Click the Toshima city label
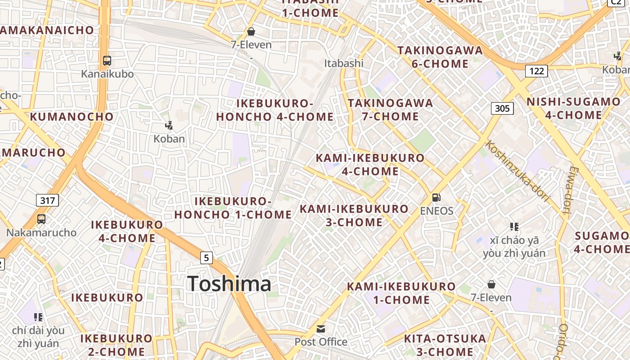(229, 284)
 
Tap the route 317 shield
(47, 200)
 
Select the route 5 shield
(206, 258)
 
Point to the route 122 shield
(536, 71)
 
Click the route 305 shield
(502, 108)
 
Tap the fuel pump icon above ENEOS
(436, 197)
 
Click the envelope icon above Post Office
(320, 329)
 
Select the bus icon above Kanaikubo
(107, 60)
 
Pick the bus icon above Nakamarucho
(41, 219)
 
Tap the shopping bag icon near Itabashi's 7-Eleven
(251, 31)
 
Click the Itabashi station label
(344, 63)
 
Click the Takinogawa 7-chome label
(391, 110)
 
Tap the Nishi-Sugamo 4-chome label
(573, 108)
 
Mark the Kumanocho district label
(72, 117)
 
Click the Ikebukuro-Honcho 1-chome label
(233, 208)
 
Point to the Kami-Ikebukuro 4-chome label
(370, 164)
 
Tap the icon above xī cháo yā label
(514, 226)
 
